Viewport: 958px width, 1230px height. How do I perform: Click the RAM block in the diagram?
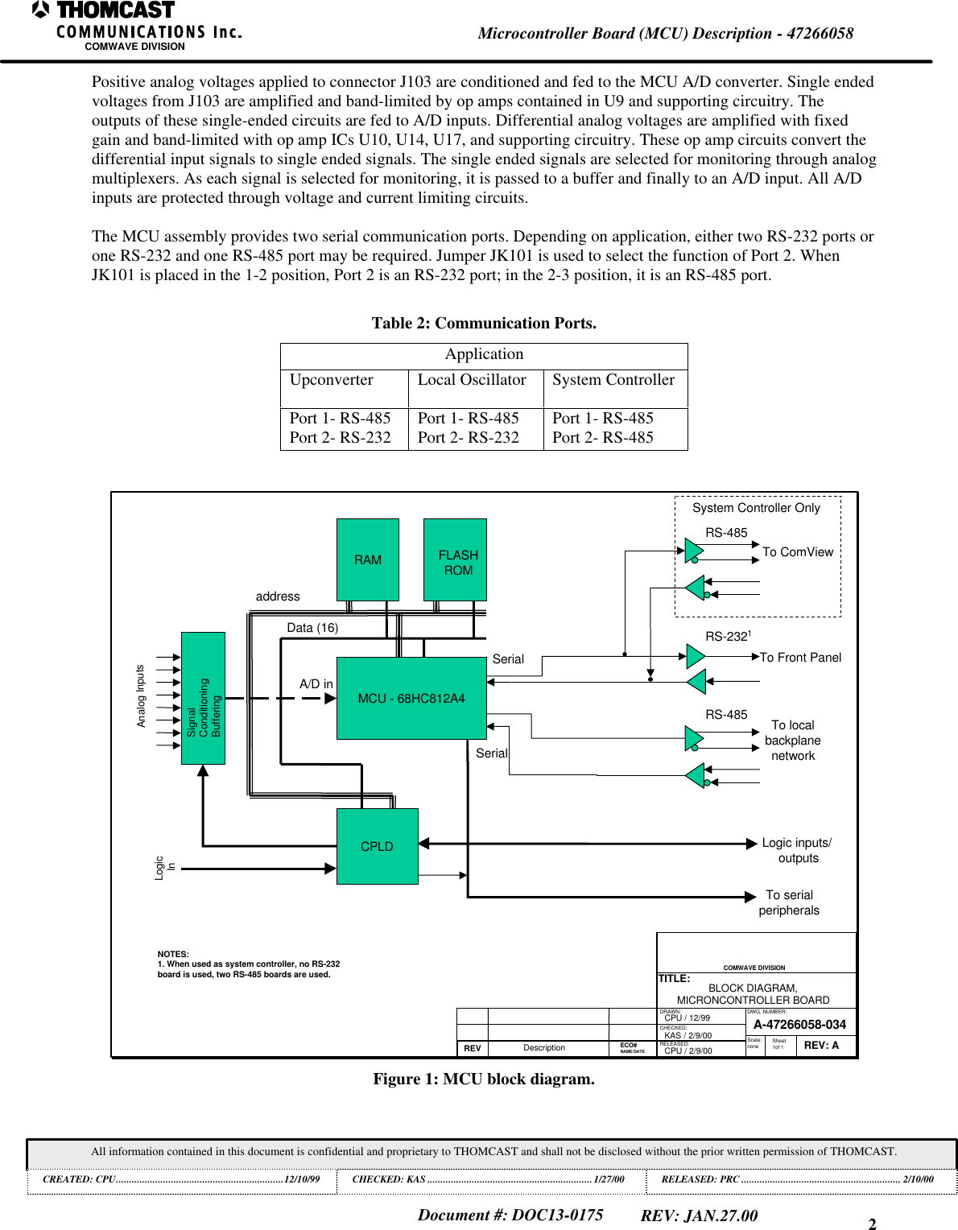click(x=367, y=559)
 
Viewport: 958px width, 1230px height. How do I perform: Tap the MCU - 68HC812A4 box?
click(x=411, y=698)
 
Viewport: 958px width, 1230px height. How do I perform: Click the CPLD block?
click(x=377, y=846)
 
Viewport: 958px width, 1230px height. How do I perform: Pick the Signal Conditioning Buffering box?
click(x=203, y=698)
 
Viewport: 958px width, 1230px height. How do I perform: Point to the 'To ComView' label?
click(x=797, y=552)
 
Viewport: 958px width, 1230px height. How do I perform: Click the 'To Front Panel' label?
click(x=800, y=658)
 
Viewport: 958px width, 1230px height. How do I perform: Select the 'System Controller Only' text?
click(x=756, y=508)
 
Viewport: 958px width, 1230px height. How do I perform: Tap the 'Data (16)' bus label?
click(x=312, y=628)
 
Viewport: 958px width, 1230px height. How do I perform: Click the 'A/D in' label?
click(x=316, y=684)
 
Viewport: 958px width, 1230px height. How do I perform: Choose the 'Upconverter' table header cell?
click(x=332, y=380)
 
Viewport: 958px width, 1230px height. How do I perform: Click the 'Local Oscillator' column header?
click(x=472, y=380)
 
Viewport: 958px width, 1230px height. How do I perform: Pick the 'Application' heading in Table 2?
click(x=484, y=354)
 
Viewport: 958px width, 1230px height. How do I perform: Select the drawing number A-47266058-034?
click(x=799, y=1025)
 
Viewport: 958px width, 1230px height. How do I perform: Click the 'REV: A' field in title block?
click(x=821, y=1046)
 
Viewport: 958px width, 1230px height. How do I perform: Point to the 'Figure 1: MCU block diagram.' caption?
click(x=483, y=1079)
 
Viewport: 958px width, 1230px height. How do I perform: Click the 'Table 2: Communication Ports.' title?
click(x=484, y=324)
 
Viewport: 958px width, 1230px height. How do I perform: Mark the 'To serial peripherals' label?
click(x=789, y=903)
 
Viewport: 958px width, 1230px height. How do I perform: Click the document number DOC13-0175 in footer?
click(x=510, y=1216)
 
